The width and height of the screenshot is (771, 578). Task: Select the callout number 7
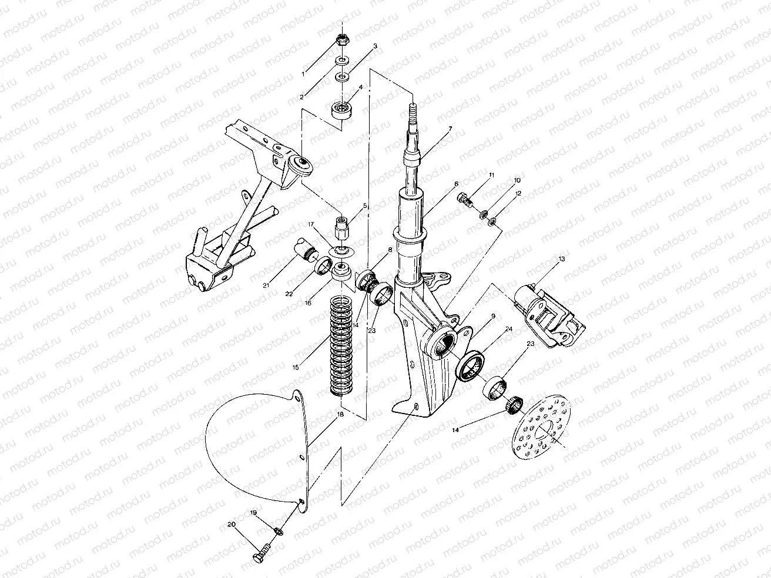pyautogui.click(x=450, y=129)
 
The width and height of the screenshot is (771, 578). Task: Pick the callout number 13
pyautogui.click(x=562, y=259)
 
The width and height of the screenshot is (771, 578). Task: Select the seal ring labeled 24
pyautogui.click(x=471, y=367)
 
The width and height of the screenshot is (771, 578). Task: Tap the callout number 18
pyautogui.click(x=340, y=415)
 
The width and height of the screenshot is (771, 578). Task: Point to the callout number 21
pyautogui.click(x=266, y=285)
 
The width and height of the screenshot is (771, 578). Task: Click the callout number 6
pyautogui.click(x=457, y=184)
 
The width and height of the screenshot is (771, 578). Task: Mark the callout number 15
pyautogui.click(x=296, y=367)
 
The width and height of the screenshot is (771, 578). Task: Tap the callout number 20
pyautogui.click(x=231, y=525)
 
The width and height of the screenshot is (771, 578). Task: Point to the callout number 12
pyautogui.click(x=518, y=193)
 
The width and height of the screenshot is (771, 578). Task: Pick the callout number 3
pyautogui.click(x=375, y=46)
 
